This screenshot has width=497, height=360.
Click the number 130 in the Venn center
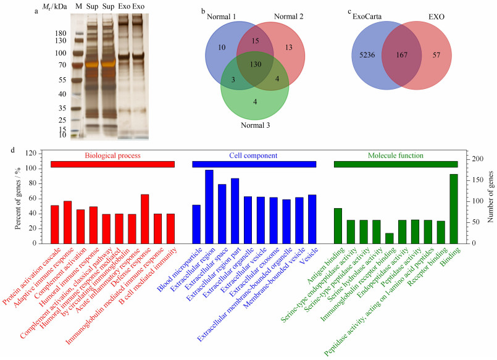[x=256, y=64]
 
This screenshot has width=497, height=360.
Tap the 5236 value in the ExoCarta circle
[x=367, y=55]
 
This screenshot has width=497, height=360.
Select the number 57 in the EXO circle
[x=436, y=55]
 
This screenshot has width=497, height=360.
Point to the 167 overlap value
[x=401, y=55]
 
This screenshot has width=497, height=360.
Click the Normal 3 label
[x=255, y=125]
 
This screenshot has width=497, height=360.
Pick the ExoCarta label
[x=367, y=17]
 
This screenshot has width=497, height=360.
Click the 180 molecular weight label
[x=61, y=33]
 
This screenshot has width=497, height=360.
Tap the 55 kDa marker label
[x=62, y=80]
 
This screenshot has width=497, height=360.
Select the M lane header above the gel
[x=78, y=6]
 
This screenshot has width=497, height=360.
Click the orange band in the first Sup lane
[x=92, y=64]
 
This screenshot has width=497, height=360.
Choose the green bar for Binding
[x=454, y=209]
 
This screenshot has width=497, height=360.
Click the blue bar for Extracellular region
[x=209, y=207]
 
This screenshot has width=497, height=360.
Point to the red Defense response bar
[x=145, y=219]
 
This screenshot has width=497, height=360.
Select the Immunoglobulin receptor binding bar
[x=389, y=238]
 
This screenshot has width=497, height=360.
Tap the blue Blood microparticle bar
[x=196, y=224]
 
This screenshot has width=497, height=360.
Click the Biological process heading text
[x=112, y=156]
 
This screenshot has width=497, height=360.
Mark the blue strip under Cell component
[x=254, y=164]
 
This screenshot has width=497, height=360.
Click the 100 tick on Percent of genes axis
[x=32, y=169]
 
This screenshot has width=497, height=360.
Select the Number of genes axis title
[x=491, y=197]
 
